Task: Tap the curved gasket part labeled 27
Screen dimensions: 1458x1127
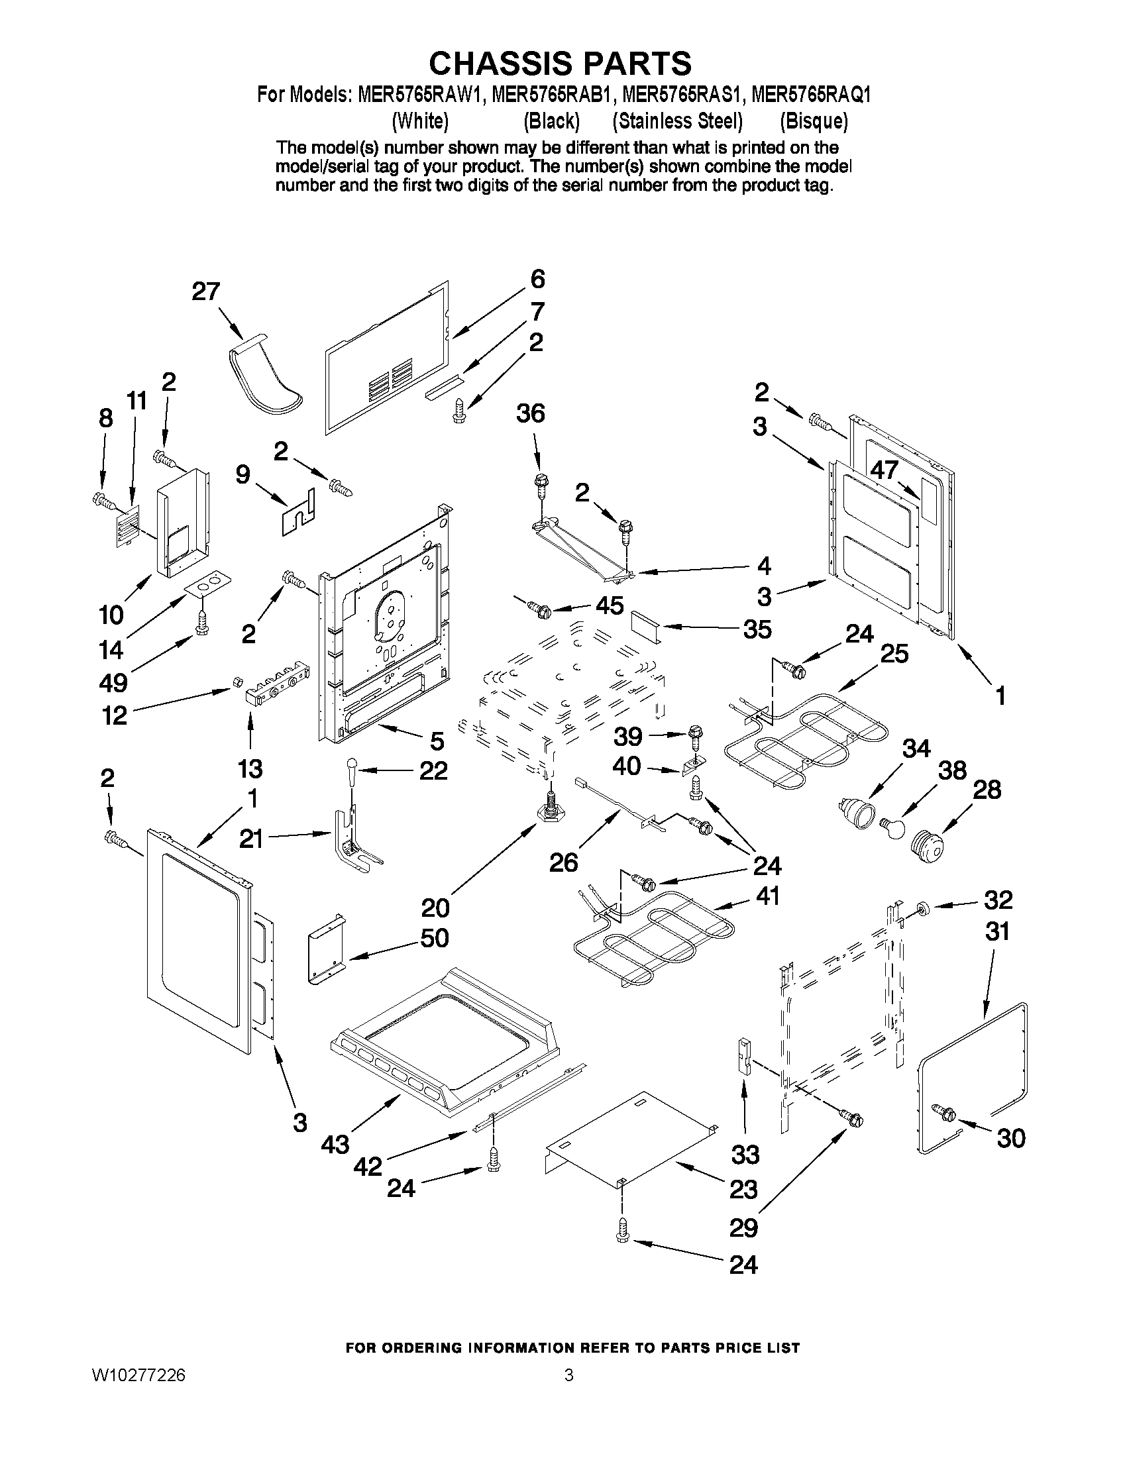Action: tap(264, 376)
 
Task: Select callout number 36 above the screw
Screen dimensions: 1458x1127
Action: tap(531, 413)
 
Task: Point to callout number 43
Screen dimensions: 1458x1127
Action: tap(335, 1144)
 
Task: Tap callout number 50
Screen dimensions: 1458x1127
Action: tap(435, 937)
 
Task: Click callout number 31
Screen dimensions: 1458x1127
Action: tap(998, 931)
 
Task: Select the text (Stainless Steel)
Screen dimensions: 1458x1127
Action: tap(678, 121)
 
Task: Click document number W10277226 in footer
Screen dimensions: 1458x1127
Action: tap(139, 1376)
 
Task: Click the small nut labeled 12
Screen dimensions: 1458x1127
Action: tap(236, 680)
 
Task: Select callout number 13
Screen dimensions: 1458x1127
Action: tap(250, 768)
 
